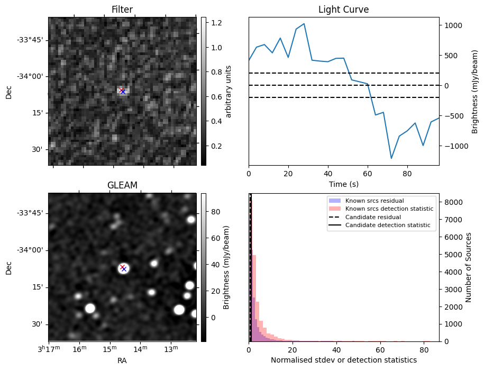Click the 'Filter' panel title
(x=122, y=10)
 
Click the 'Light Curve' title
(x=343, y=10)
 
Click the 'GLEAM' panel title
(x=122, y=185)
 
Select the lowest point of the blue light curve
(x=391, y=158)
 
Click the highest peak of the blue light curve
(x=304, y=24)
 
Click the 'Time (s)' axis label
(x=343, y=184)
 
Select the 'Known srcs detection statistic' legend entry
(x=389, y=209)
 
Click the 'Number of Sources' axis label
(x=469, y=267)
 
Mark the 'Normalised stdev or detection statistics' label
(x=343, y=360)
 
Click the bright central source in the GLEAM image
(x=123, y=268)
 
